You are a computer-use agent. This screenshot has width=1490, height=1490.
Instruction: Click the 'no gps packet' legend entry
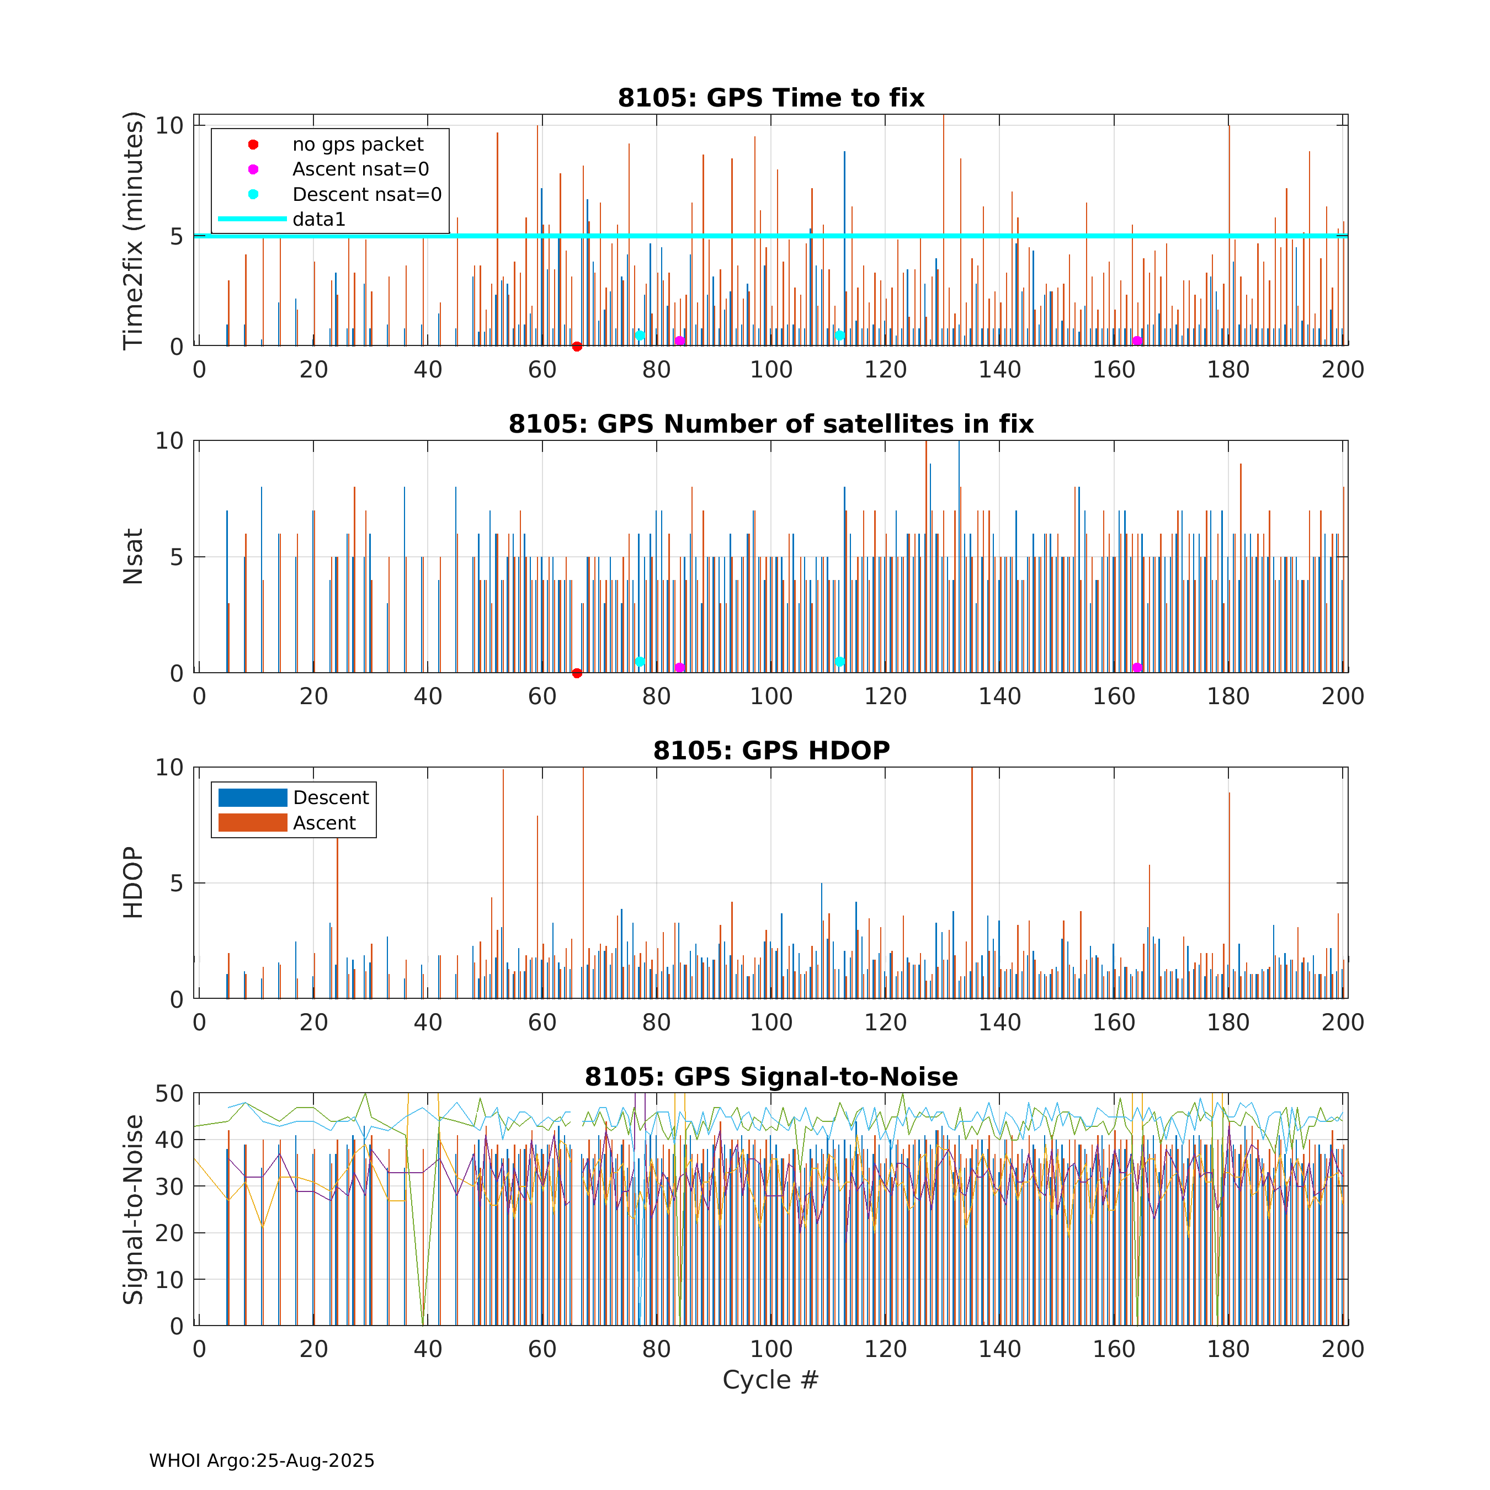tap(357, 144)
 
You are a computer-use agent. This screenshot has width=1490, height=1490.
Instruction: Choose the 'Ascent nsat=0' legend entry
tap(360, 169)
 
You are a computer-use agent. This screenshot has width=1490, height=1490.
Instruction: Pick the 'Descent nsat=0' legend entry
tap(366, 194)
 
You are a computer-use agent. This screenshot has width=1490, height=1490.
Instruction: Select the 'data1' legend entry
tap(318, 219)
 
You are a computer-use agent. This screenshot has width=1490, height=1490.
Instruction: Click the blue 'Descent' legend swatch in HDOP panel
tap(253, 797)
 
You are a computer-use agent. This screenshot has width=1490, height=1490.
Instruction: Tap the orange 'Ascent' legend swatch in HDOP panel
tap(253, 823)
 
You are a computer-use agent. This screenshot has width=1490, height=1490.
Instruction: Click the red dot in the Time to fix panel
tap(577, 346)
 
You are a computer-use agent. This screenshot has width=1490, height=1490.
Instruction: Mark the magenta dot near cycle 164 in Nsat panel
tap(1137, 668)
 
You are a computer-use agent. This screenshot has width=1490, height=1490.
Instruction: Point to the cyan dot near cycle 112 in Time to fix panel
tap(840, 336)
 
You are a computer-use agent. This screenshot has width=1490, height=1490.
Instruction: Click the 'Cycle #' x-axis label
tap(770, 1380)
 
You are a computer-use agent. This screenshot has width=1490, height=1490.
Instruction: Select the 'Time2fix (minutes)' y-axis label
tap(134, 231)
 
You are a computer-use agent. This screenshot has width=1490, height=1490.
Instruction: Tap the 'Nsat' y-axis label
tap(134, 556)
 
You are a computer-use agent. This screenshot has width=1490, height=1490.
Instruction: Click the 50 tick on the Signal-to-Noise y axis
tap(169, 1094)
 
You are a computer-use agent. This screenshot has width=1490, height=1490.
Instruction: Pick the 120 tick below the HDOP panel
tap(885, 1023)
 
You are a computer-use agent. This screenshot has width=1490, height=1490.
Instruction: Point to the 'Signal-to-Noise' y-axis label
tap(134, 1209)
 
